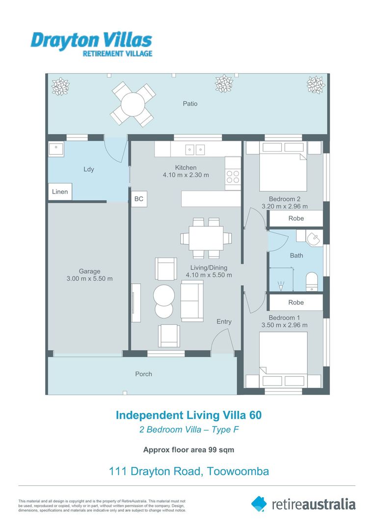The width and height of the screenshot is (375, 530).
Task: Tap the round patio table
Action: pyautogui.click(x=133, y=104)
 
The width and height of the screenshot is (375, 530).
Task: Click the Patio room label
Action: pyautogui.click(x=190, y=104)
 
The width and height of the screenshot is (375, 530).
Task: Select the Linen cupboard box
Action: pyautogui.click(x=60, y=192)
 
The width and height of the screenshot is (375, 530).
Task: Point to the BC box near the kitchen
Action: pyautogui.click(x=139, y=199)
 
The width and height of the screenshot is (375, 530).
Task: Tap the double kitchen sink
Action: pyautogui.click(x=195, y=149)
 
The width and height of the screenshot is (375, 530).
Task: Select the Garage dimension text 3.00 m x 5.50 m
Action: pyautogui.click(x=89, y=279)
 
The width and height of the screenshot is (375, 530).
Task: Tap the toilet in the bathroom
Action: pyautogui.click(x=313, y=282)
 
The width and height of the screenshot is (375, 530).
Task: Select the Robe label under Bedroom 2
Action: pyautogui.click(x=296, y=218)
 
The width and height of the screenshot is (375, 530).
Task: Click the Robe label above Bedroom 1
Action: pyautogui.click(x=296, y=302)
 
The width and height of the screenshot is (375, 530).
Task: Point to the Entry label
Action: pyautogui.click(x=224, y=321)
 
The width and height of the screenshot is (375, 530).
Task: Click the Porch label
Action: pyautogui.click(x=143, y=374)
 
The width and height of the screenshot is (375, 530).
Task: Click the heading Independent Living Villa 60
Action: pyautogui.click(x=188, y=415)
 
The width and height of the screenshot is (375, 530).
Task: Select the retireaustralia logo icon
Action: pyautogui.click(x=259, y=503)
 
